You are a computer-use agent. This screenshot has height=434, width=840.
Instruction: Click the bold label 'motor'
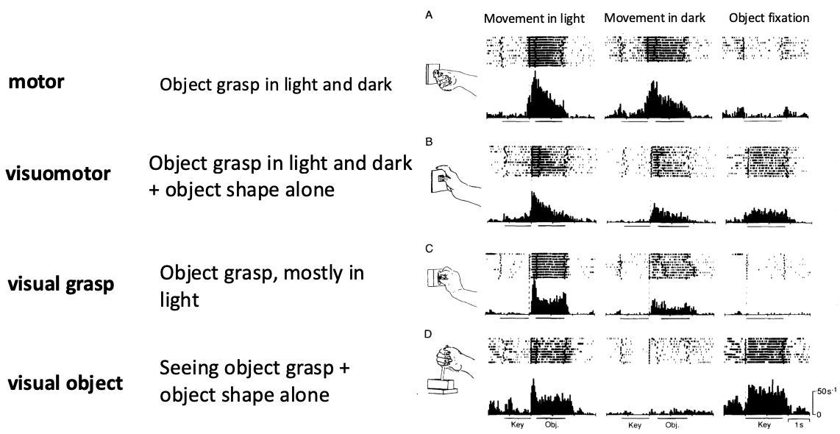36,82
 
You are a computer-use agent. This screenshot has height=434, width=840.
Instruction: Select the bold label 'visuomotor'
60,174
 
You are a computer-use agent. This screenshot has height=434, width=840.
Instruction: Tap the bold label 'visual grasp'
60,284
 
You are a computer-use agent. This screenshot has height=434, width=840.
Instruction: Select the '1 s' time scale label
798,425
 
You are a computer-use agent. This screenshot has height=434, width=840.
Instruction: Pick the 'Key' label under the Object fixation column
764,425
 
